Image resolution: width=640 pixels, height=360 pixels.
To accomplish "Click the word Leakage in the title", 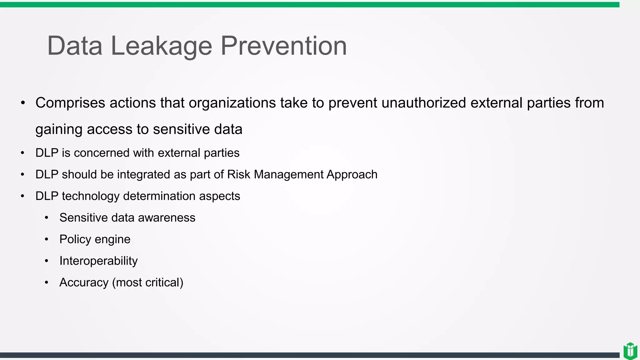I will point(161,46).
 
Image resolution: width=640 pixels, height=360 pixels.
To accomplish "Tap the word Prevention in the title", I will point(284,46).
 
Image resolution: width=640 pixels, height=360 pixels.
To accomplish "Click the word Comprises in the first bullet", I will point(70,103).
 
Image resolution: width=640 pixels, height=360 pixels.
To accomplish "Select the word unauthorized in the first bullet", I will point(424,103).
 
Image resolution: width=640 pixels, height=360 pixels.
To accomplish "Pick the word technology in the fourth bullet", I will point(91,196).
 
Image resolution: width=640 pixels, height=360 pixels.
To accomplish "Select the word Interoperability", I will point(98,261).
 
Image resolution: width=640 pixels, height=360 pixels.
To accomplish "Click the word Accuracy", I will point(84,282).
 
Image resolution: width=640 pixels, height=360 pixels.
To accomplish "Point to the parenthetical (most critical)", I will point(147,282).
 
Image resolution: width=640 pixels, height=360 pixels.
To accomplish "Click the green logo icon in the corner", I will point(630,351).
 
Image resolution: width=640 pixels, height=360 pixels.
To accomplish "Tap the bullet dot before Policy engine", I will point(47,239).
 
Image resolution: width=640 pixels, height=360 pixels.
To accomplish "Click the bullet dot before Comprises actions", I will point(23,103).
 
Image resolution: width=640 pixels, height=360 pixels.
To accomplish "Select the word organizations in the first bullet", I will point(232,103).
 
